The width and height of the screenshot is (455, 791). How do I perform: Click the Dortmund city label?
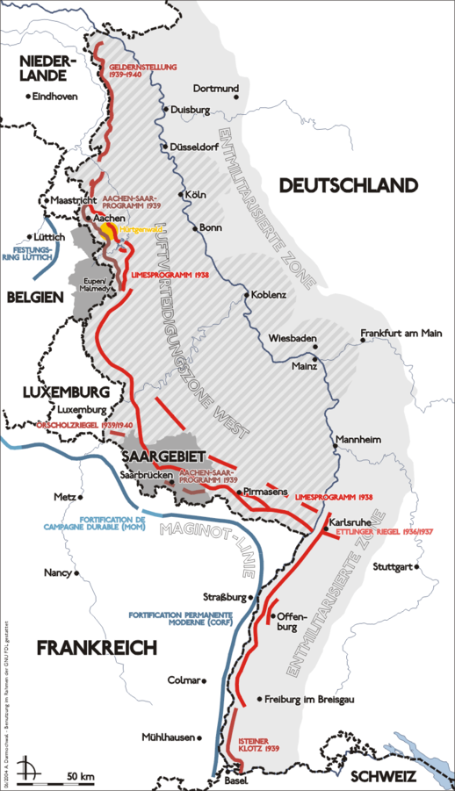click(x=215, y=89)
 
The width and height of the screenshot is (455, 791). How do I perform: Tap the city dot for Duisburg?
click(x=164, y=110)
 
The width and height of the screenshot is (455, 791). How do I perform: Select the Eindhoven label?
click(x=54, y=96)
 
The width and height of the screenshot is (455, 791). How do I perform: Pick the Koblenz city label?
click(x=269, y=295)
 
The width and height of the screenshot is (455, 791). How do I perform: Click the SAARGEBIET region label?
click(x=155, y=457)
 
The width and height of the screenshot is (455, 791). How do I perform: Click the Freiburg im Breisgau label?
click(x=311, y=699)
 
